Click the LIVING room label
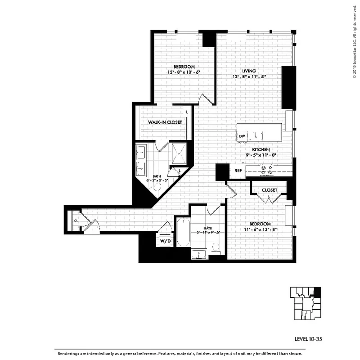(248, 71)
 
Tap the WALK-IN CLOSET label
(164, 122)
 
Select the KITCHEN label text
(261, 149)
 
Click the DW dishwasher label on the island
(242, 136)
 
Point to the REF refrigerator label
(238, 171)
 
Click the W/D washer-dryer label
(165, 241)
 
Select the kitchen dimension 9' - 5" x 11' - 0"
(261, 155)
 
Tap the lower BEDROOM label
(260, 224)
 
